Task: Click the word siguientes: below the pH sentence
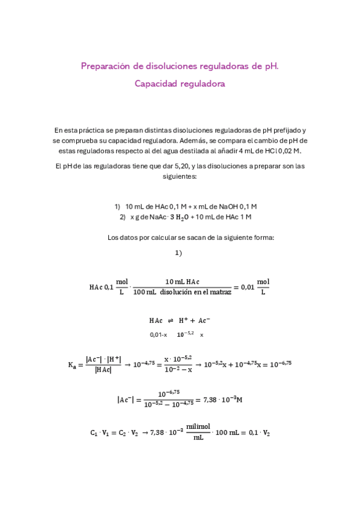(x=180, y=177)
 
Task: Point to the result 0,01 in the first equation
(x=246, y=287)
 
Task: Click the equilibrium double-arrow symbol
(x=169, y=321)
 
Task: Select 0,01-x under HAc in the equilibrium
(x=159, y=334)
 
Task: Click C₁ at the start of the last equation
(x=94, y=432)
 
